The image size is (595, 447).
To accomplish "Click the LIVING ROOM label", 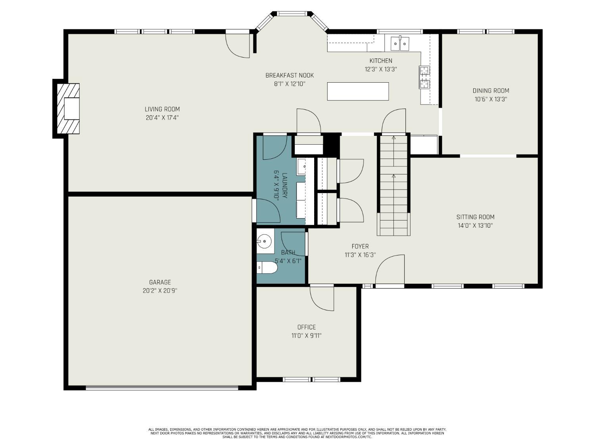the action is [x=162, y=109].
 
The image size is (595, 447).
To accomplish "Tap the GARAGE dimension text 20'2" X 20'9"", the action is [x=160, y=291].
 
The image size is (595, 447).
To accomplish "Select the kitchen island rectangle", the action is [x=358, y=91].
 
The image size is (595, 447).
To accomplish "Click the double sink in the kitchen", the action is [x=400, y=43].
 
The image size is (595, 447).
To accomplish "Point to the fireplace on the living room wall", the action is [x=68, y=108].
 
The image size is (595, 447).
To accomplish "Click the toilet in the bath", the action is [x=267, y=267].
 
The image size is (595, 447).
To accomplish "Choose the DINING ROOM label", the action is [x=491, y=91].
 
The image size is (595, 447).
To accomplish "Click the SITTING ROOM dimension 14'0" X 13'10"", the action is [x=475, y=225].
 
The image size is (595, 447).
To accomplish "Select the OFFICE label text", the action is [x=307, y=327].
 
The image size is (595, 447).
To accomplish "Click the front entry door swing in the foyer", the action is [x=390, y=270].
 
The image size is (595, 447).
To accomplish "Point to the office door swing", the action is [x=322, y=298].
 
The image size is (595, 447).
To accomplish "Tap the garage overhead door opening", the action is [x=162, y=388].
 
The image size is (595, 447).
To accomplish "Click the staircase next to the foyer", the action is [x=393, y=186].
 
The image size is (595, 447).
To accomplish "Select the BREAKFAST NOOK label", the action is [x=290, y=75].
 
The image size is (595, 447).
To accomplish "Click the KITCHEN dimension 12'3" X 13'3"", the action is [x=381, y=69].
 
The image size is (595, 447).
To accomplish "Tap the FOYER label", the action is [x=360, y=246].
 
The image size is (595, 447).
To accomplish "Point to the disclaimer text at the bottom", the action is [x=297, y=433].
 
